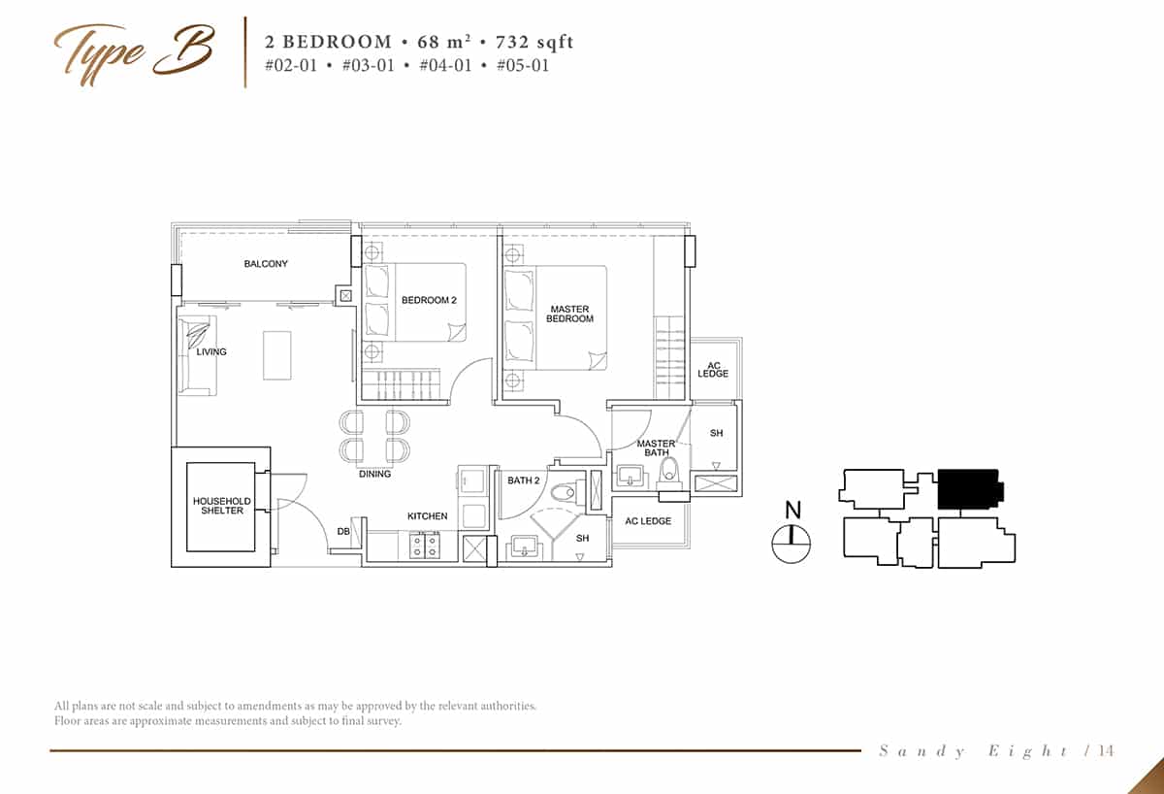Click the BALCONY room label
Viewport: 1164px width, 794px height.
pyautogui.click(x=266, y=264)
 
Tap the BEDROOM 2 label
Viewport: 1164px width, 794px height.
pyautogui.click(x=429, y=300)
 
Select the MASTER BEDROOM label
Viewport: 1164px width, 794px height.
pyautogui.click(x=569, y=314)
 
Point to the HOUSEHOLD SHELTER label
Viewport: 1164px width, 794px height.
pyautogui.click(x=222, y=506)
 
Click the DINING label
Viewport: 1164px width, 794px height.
pyautogui.click(x=374, y=474)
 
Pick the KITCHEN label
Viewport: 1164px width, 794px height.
pyautogui.click(x=427, y=515)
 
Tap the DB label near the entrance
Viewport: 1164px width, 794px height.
pyautogui.click(x=343, y=531)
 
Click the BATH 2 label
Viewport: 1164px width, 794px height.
pyautogui.click(x=523, y=480)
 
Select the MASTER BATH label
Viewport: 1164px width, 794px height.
pyautogui.click(x=656, y=447)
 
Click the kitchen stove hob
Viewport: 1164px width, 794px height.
pyautogui.click(x=425, y=546)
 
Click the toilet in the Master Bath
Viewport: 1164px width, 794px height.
pyautogui.click(x=669, y=473)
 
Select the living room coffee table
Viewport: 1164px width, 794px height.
pyautogui.click(x=277, y=355)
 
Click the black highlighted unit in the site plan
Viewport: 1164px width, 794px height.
pyautogui.click(x=970, y=489)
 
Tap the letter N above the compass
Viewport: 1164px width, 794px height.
pyautogui.click(x=793, y=511)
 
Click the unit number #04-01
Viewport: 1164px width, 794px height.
pyautogui.click(x=445, y=65)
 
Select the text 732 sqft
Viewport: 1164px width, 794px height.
pyautogui.click(x=534, y=42)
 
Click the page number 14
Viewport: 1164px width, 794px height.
pyautogui.click(x=1106, y=750)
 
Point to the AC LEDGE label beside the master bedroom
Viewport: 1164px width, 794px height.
pyautogui.click(x=713, y=369)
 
